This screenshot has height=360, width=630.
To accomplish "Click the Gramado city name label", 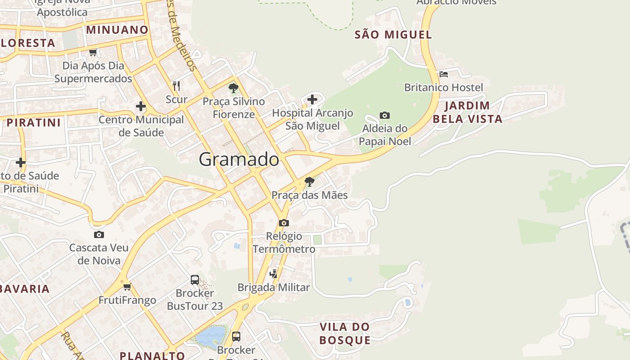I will (x=239, y=159).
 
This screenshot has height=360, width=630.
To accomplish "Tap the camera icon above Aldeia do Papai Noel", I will (x=384, y=115).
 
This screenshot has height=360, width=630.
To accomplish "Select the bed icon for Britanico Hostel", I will (x=444, y=74).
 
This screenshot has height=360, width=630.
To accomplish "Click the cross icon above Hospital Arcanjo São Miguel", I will (x=312, y=99).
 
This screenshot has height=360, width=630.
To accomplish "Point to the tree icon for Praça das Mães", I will (x=309, y=182).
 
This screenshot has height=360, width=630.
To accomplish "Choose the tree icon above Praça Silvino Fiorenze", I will (x=233, y=88).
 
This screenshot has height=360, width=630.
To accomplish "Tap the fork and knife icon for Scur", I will (x=176, y=85).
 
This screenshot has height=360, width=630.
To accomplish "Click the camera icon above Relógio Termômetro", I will (x=283, y=223).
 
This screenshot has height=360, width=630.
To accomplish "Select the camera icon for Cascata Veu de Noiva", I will (x=99, y=234).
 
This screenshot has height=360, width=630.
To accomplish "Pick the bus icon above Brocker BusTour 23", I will (x=195, y=279).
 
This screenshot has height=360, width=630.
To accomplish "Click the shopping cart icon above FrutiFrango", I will (x=127, y=287).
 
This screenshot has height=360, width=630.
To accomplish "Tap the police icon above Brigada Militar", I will (x=273, y=274).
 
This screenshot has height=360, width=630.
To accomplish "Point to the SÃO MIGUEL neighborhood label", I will (x=393, y=35).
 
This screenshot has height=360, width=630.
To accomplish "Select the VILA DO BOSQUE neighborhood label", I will (x=345, y=333).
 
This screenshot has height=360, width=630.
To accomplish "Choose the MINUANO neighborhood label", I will (x=117, y=30).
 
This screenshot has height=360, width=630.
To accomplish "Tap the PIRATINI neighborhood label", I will (x=34, y=122).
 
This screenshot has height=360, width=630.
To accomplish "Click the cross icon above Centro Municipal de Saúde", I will (x=141, y=107).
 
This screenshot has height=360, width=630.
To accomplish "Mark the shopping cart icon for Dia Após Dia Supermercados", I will (x=93, y=52).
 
